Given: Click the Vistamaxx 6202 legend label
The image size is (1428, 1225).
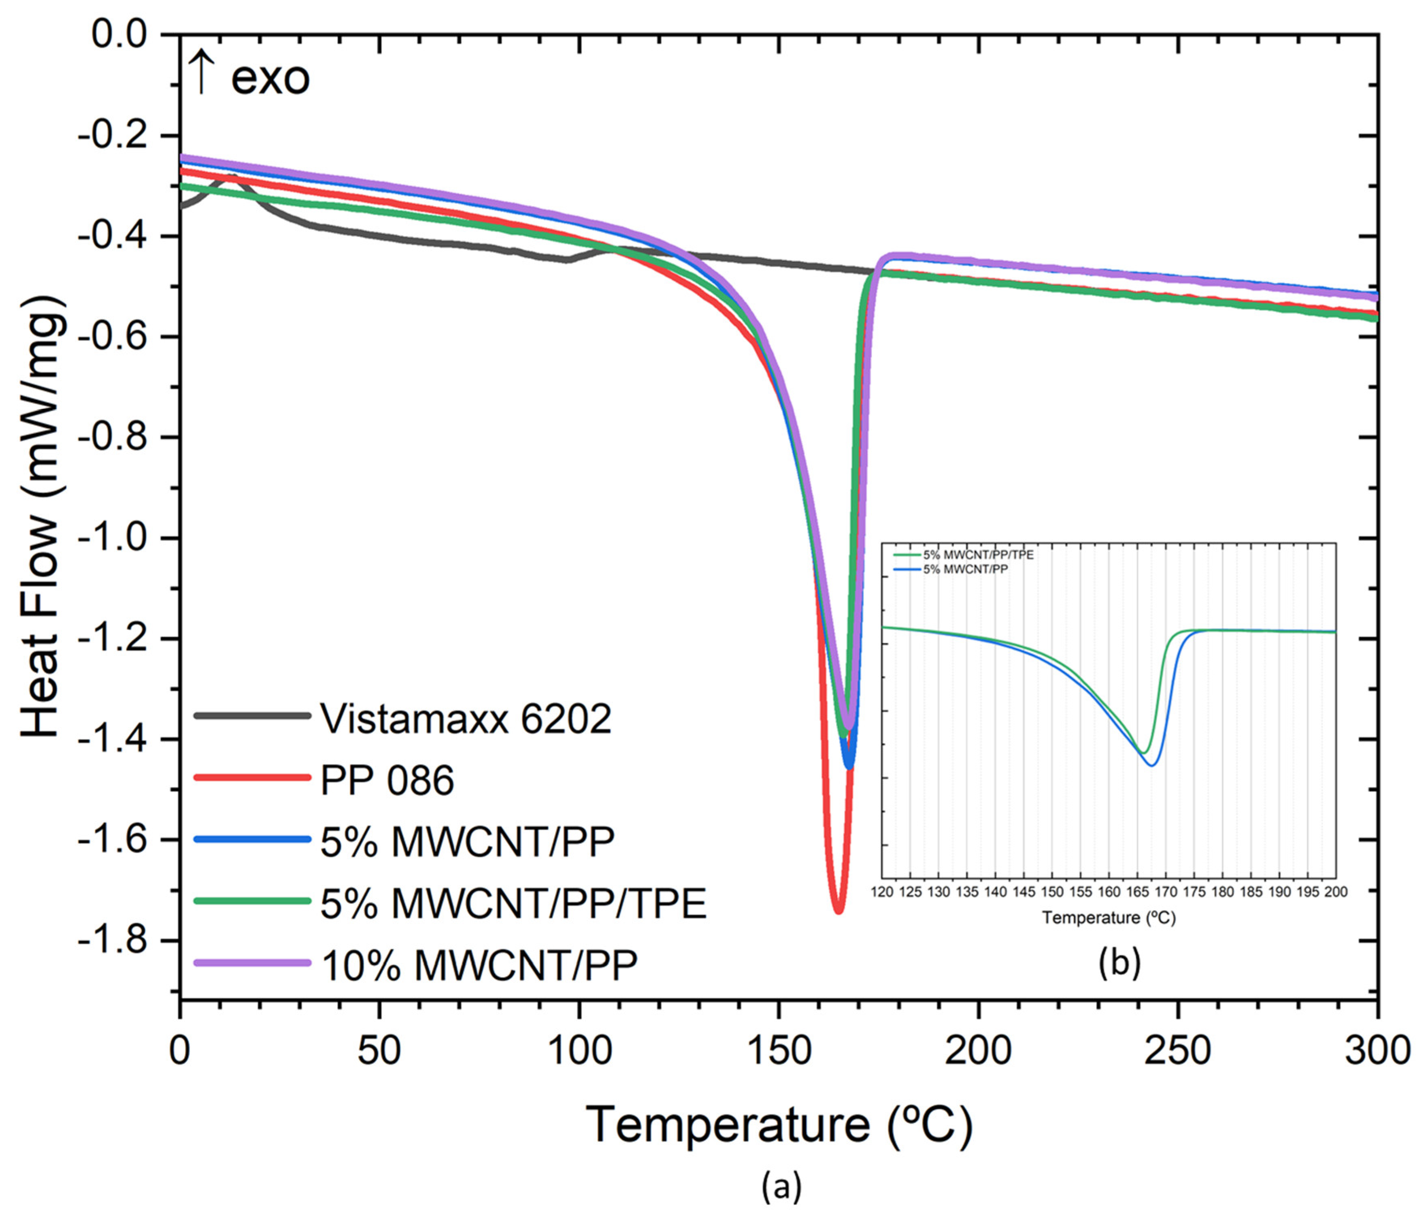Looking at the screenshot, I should (x=466, y=719).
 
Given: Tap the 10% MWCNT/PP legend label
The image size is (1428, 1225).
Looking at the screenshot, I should (x=479, y=965).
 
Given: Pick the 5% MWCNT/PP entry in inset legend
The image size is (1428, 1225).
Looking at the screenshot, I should (x=965, y=570).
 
